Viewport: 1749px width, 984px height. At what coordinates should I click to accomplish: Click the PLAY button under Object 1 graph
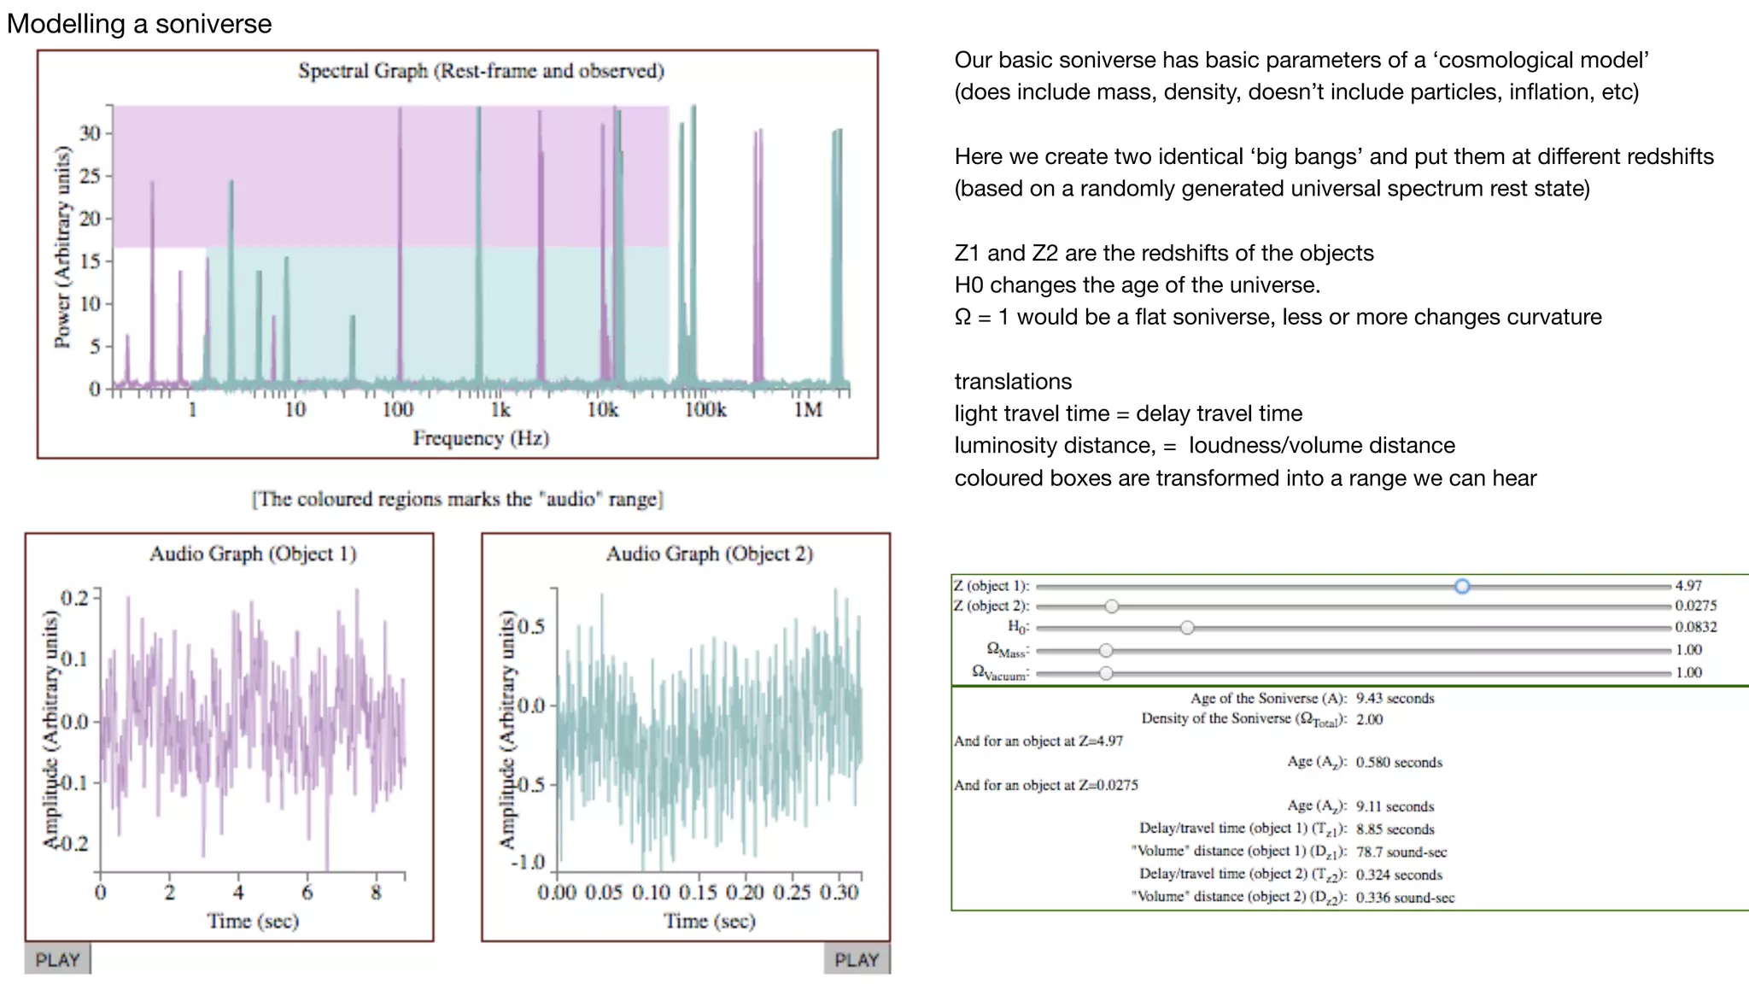coord(57,959)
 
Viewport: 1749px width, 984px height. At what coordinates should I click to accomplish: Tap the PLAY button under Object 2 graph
coord(857,959)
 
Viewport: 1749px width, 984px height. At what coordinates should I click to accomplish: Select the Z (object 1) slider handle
coord(1462,586)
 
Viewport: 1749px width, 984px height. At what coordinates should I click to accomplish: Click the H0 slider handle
coord(1187,628)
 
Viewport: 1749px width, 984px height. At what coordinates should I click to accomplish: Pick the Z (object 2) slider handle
coord(1111,606)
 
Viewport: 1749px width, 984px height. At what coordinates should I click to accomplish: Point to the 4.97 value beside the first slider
coord(1688,586)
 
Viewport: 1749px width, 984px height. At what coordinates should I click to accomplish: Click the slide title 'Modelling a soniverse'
coord(139,24)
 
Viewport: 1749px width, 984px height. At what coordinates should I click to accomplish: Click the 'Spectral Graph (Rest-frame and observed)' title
coord(481,71)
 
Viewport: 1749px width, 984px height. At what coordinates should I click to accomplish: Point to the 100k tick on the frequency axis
coord(705,410)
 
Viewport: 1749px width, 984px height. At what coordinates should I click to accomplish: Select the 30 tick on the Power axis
coord(90,133)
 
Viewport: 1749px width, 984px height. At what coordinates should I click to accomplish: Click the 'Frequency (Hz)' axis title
coord(481,438)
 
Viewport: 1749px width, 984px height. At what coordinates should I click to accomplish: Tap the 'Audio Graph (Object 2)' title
coord(709,554)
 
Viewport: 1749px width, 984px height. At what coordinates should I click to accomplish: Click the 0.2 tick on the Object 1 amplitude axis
coord(75,597)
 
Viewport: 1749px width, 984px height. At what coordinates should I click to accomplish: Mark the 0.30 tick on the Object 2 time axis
coord(839,893)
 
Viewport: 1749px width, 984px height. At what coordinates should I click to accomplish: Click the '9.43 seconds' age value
coord(1395,699)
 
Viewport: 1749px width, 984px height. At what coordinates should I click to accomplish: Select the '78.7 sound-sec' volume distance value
coord(1401,852)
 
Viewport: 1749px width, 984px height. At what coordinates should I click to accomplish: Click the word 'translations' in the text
coord(1013,382)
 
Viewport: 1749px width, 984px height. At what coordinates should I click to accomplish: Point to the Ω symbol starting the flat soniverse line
coord(962,318)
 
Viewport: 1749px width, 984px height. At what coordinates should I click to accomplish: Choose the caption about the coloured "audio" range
coord(457,499)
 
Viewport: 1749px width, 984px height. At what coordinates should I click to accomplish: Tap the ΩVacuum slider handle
coord(1106,673)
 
